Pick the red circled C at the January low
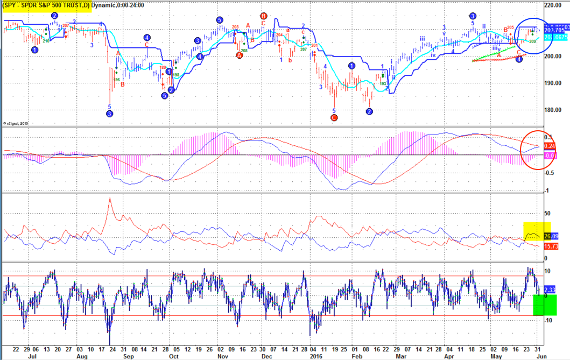coord(334,117)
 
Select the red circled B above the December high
coord(263,16)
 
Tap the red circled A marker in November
coord(240,55)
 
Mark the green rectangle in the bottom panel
coord(545,305)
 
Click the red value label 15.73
coord(551,246)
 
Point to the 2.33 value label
coord(550,290)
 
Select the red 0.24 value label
coord(550,146)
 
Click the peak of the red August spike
coord(110,198)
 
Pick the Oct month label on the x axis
coord(174,356)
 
